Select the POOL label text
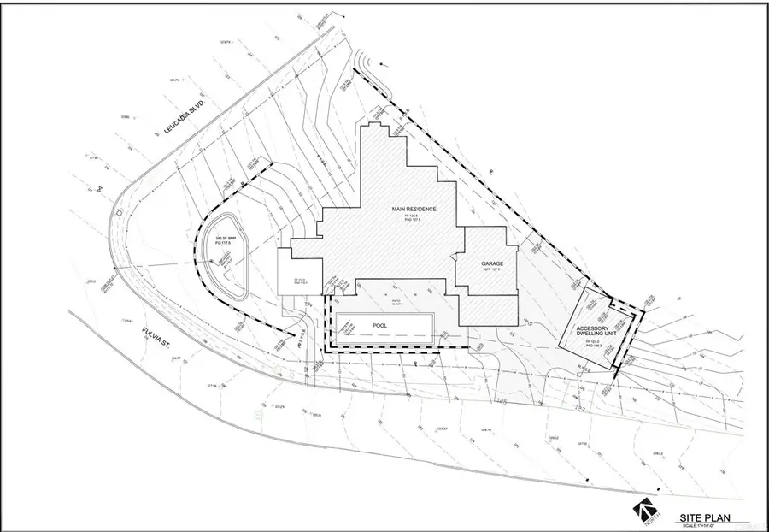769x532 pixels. (384, 326)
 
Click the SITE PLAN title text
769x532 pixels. (702, 517)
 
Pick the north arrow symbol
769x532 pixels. (643, 511)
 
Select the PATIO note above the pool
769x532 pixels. (396, 302)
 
